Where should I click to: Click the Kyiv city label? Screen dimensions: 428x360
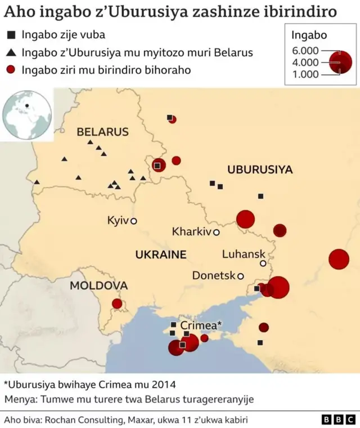coord(118,220)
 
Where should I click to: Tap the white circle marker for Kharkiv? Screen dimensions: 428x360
coord(216,232)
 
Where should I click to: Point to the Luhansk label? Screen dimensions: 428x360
coord(244,254)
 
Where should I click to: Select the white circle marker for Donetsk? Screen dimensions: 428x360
coord(241,276)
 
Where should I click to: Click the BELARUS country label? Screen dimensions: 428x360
coord(102,132)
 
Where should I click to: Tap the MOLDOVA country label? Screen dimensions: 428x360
coord(98,286)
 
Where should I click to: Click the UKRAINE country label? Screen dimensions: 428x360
coord(160,255)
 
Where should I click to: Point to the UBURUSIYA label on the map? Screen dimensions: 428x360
coord(260,170)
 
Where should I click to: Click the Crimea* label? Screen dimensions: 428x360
coord(201,326)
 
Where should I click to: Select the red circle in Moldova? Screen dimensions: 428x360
coord(117,304)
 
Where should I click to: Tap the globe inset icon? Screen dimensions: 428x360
coord(26,115)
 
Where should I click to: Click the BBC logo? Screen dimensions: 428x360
coord(338,420)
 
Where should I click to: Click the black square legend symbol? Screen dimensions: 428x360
coord(11,35)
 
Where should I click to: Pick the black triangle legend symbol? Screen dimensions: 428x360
coord(11,53)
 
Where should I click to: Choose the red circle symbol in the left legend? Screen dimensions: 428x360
coord(11,70)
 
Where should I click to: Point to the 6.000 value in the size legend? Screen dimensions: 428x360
coord(305,51)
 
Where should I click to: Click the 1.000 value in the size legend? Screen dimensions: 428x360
coord(305,74)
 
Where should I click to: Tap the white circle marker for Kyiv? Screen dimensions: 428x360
coord(134,221)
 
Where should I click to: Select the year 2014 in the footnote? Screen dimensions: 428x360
coord(164,385)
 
